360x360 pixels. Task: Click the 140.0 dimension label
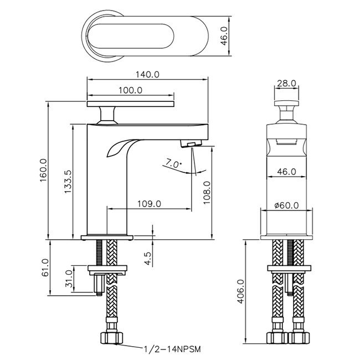coord(147,75)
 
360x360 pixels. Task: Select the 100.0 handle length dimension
coord(130,90)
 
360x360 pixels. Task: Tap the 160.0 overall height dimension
coord(43,170)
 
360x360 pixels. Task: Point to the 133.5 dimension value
coord(68,182)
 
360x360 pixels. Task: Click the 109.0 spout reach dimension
coord(149,204)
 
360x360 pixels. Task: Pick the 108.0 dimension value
coord(207,192)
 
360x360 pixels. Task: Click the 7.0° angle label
coord(173,163)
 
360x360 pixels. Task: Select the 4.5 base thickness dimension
coord(148,259)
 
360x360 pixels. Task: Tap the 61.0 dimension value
coord(45,268)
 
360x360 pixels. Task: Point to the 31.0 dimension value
coord(69,279)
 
